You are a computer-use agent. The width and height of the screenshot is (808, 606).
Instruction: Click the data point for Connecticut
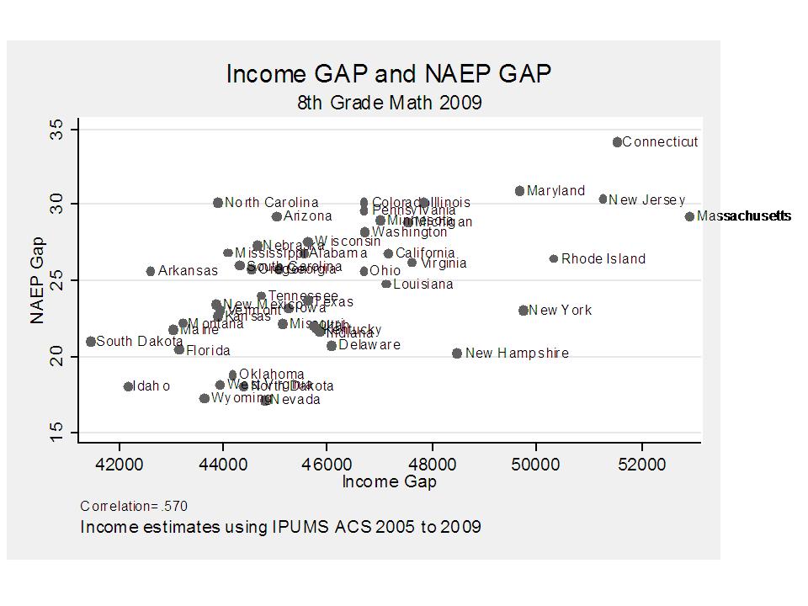coord(617,142)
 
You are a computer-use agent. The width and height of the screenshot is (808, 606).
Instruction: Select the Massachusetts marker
coord(689,216)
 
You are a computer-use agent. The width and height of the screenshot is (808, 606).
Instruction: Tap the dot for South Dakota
coord(91,341)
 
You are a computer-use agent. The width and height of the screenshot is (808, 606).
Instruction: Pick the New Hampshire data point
coord(457,353)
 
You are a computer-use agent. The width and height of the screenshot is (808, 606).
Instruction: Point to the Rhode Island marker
coord(554,258)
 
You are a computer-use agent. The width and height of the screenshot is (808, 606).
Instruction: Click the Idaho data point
coord(129,386)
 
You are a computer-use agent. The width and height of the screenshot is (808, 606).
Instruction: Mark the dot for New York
coord(524,311)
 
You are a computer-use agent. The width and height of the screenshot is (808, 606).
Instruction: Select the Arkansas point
coord(151,271)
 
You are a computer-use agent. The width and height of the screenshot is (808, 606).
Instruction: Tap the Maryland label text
coord(555,191)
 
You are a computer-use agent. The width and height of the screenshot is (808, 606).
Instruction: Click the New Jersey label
coord(646,199)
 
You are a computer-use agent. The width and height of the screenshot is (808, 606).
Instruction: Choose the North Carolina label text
coord(271,203)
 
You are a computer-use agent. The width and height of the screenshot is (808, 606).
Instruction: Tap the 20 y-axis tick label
coord(57,356)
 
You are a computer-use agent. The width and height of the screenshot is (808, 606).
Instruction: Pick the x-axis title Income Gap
coord(389,482)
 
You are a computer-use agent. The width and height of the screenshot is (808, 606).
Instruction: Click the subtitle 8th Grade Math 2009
coord(389,103)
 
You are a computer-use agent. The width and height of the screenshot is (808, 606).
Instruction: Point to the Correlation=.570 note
coord(134,506)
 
